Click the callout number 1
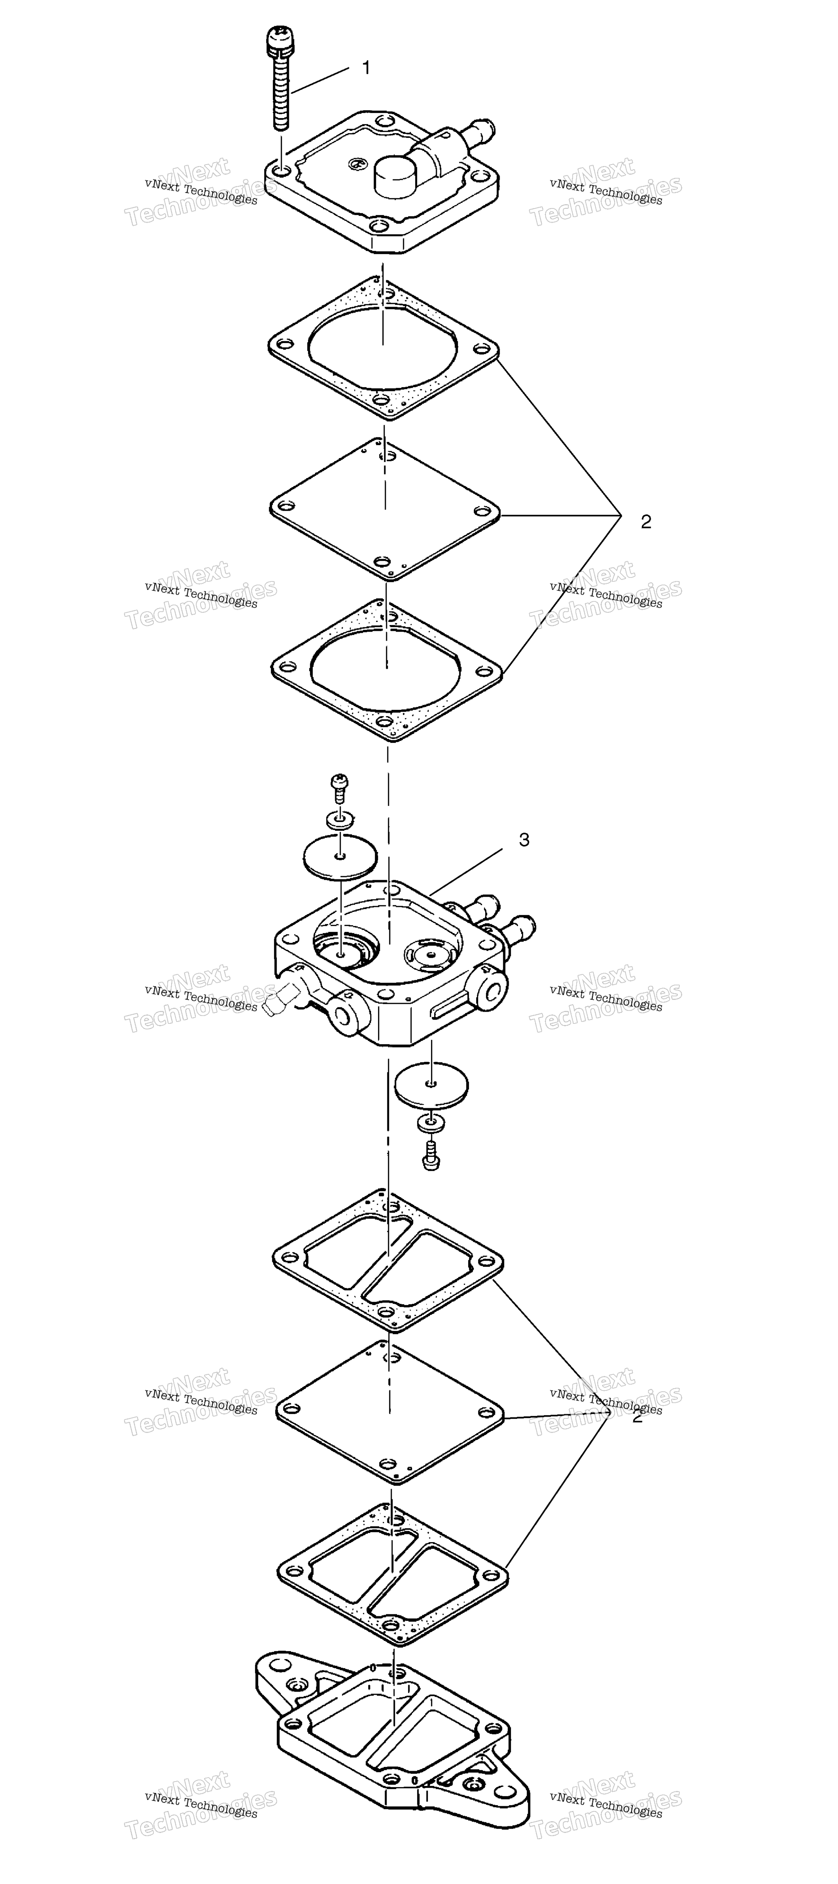click(x=366, y=68)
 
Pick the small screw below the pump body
click(x=431, y=1155)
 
